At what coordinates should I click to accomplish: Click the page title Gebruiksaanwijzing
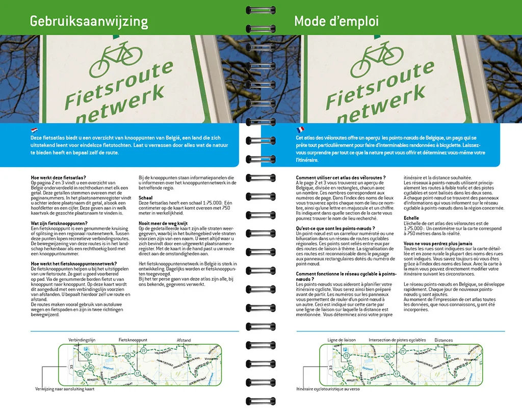89,21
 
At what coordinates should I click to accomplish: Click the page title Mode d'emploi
336,21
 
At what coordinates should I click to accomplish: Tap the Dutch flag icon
35,130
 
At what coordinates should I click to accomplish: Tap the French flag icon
300,130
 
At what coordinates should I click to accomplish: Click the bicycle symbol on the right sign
375,59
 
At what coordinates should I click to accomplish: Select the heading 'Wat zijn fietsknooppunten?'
59,223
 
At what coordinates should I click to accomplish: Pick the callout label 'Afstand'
184,340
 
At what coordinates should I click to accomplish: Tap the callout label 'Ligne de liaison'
342,340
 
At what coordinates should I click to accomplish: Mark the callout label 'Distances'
443,340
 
